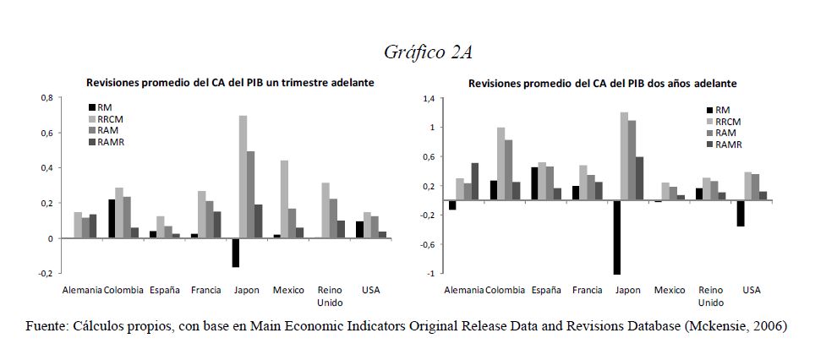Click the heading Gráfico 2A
[427, 52]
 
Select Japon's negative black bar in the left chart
[236, 253]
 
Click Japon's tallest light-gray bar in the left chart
[243, 177]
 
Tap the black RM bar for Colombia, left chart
[112, 219]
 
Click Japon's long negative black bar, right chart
[617, 237]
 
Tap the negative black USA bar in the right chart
[740, 214]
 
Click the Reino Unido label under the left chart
[330, 296]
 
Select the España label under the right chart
[546, 291]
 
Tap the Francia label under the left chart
[206, 291]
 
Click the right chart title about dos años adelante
[602, 84]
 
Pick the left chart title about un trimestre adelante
[230, 83]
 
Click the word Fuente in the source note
[47, 325]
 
